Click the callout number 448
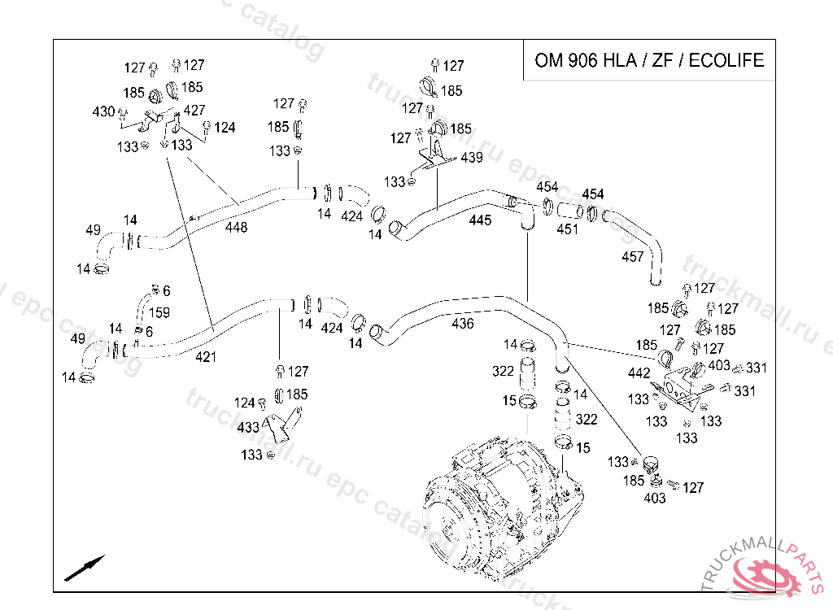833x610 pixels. tap(237, 228)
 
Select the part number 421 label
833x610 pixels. tap(206, 357)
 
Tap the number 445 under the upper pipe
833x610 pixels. tap(480, 220)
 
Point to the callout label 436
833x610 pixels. tap(463, 323)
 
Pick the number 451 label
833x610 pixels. tap(567, 229)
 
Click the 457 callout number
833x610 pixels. tap(633, 257)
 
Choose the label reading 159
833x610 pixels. tap(159, 312)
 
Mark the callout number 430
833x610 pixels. tap(103, 111)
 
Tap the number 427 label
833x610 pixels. tap(194, 110)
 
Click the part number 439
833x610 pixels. tap(472, 157)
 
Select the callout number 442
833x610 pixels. tap(639, 373)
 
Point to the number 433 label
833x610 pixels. tap(248, 427)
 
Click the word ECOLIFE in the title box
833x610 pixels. tap(726, 60)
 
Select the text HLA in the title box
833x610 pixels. tap(618, 60)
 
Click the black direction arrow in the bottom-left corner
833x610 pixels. tap(85, 568)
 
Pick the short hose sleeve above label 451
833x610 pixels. tap(570, 211)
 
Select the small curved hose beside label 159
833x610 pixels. tap(143, 308)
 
